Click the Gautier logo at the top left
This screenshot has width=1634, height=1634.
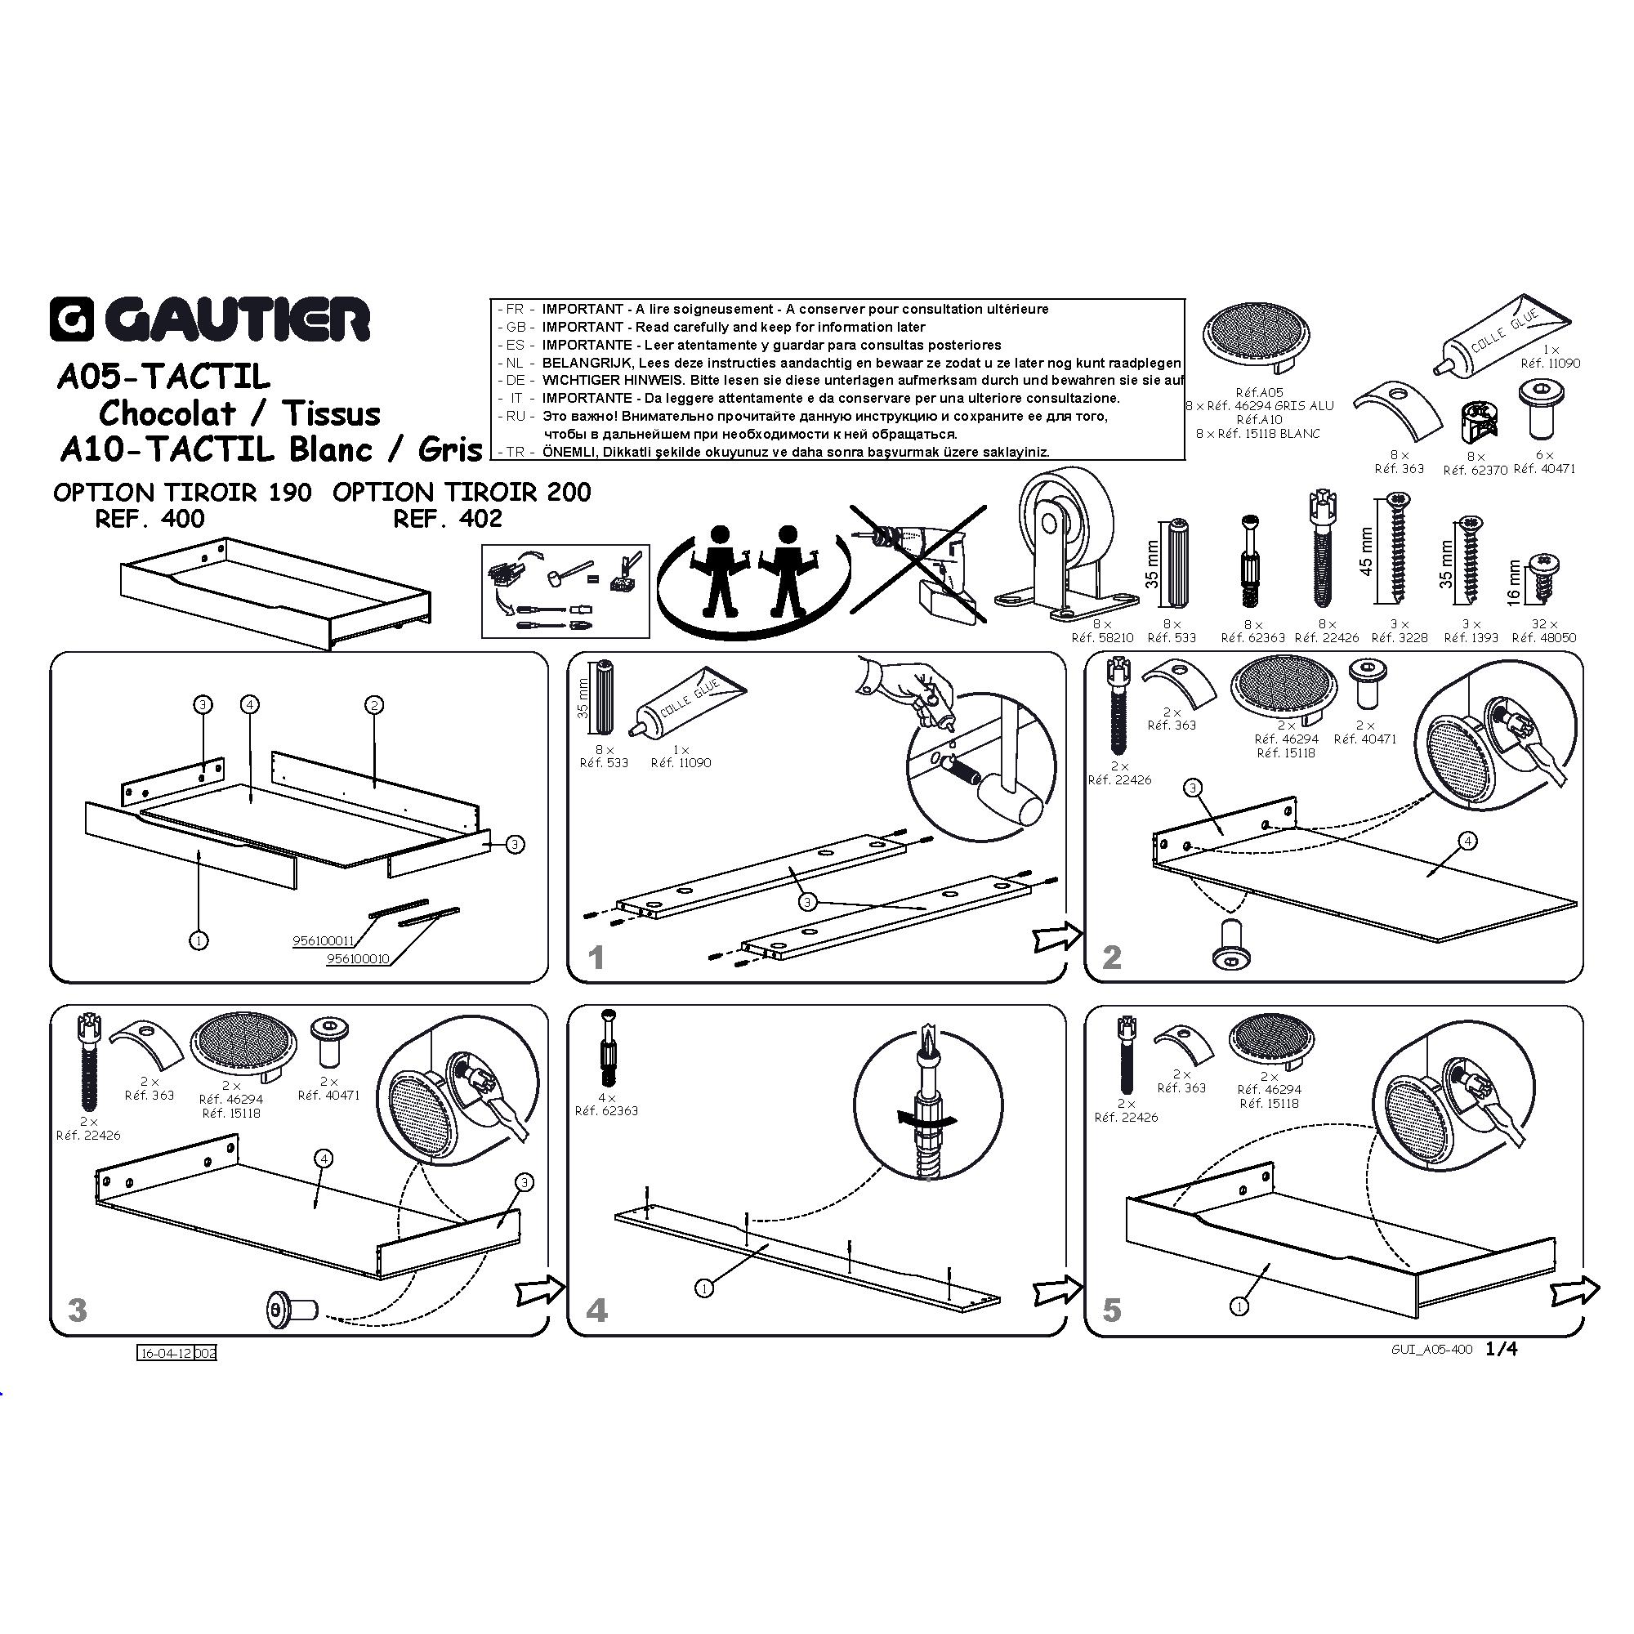click(210, 319)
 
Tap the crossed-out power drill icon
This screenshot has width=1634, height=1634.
click(917, 565)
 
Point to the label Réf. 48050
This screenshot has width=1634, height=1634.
click(1543, 638)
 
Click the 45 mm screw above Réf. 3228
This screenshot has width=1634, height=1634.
click(1396, 551)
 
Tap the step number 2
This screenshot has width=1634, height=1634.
click(1112, 957)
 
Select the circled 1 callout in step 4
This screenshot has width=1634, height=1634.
click(704, 1288)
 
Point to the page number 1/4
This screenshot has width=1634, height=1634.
click(1501, 1349)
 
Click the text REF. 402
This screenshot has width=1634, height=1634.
click(448, 519)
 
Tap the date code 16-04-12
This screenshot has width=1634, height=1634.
click(166, 1353)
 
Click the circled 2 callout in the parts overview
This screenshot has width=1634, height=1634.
click(374, 704)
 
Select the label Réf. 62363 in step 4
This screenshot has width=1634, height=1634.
click(606, 1110)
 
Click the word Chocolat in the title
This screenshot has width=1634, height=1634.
click(167, 413)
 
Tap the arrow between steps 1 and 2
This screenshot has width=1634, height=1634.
click(1058, 936)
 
